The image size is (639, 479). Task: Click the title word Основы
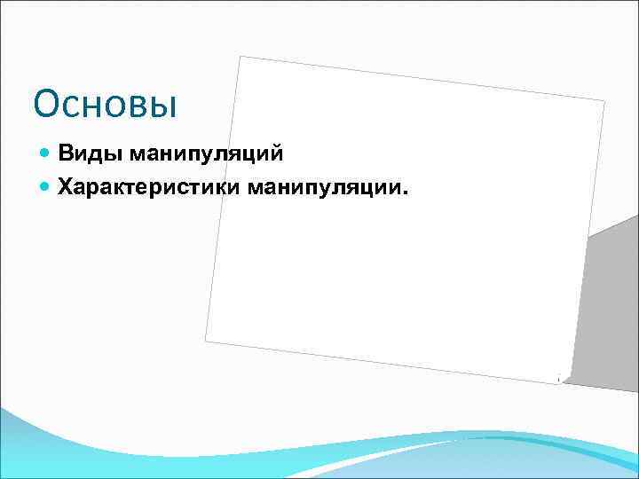[x=106, y=104]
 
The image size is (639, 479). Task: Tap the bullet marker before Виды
[x=46, y=154]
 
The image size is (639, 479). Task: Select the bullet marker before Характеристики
[x=46, y=186]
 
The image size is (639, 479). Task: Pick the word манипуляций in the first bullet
[x=206, y=154]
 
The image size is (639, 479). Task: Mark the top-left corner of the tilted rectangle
[x=241, y=56]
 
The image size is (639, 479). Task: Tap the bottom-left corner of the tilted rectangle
[x=205, y=341]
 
